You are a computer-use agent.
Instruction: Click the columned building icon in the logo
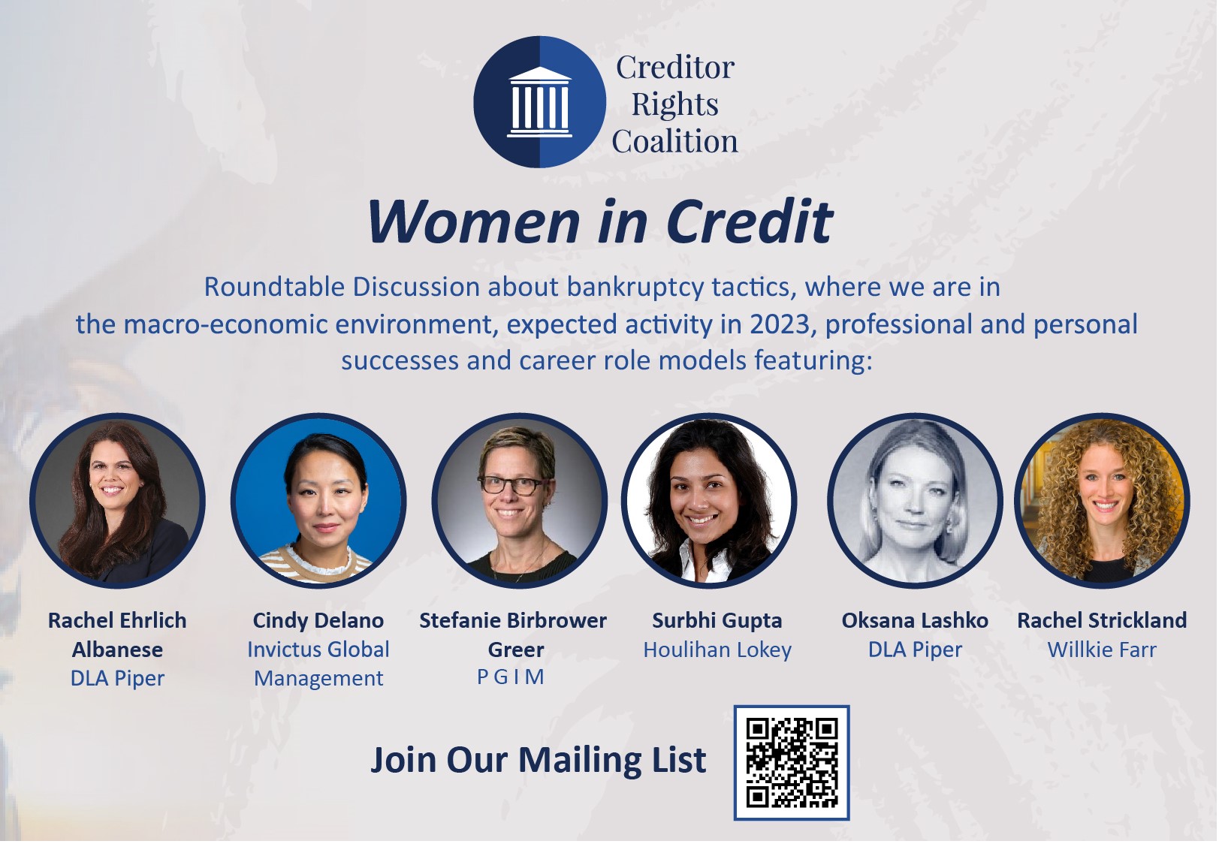point(539,102)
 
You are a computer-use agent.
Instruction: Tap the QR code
point(792,762)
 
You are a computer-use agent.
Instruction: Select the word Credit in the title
point(749,222)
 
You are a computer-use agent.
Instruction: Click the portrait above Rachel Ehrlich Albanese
point(118,501)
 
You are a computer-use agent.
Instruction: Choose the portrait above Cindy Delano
point(318,501)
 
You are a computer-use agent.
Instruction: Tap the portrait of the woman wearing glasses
point(519,501)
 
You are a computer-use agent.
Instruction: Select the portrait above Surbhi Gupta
point(709,501)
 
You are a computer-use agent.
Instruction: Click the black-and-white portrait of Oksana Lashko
point(915,501)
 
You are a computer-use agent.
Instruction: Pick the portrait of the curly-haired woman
point(1102,501)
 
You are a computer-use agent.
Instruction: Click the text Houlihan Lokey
point(717,650)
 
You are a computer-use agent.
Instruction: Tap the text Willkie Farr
point(1102,650)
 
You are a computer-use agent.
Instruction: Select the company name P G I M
point(511,677)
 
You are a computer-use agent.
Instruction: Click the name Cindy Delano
point(318,620)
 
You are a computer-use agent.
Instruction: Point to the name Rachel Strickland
point(1102,620)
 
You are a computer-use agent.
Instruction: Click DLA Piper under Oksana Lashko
point(915,650)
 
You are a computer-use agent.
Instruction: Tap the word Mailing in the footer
point(581,761)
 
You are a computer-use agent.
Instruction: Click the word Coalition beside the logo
point(674,141)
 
